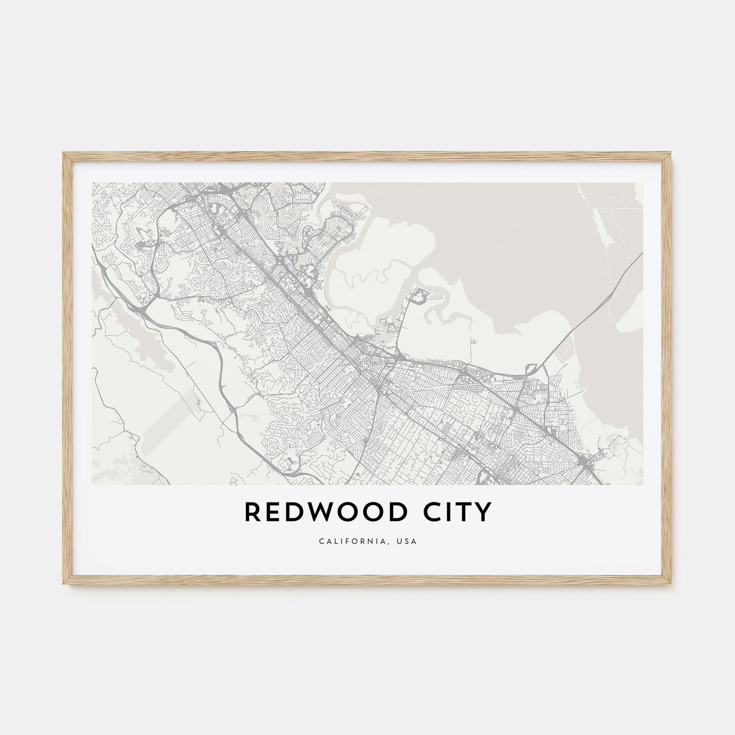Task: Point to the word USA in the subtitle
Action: [408, 541]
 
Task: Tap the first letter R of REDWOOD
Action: [251, 512]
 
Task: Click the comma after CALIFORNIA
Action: [392, 543]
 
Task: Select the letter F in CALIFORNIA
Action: [350, 541]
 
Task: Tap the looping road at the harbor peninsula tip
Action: [420, 297]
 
